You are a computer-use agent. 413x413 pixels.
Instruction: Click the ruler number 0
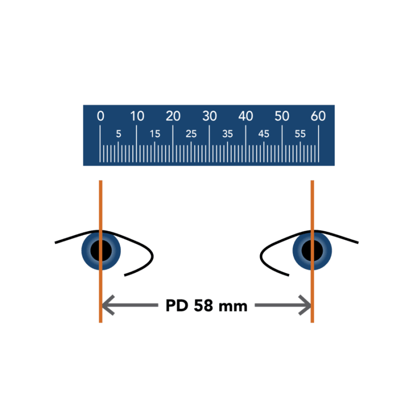click(x=101, y=116)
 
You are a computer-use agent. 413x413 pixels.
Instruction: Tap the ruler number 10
click(x=137, y=116)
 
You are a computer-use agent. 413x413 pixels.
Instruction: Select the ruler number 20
click(x=173, y=116)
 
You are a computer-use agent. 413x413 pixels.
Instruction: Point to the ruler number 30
click(x=210, y=116)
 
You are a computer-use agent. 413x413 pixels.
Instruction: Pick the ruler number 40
click(x=246, y=116)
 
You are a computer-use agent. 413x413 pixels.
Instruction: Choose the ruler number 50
click(x=282, y=116)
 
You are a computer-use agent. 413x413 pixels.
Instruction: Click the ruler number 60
click(x=319, y=116)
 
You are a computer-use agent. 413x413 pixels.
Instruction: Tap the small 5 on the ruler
click(x=119, y=134)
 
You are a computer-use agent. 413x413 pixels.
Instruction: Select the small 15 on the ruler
click(x=155, y=134)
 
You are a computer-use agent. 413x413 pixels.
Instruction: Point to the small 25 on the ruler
click(x=192, y=134)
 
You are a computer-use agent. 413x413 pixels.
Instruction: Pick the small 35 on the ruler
click(x=228, y=134)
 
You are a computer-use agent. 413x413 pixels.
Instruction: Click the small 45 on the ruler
click(x=264, y=134)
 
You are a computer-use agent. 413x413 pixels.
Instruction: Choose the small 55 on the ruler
click(x=300, y=134)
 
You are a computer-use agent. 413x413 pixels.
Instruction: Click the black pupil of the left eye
click(x=101, y=250)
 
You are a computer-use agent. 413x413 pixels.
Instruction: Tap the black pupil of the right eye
click(x=312, y=250)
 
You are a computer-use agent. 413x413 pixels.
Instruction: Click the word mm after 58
click(x=233, y=307)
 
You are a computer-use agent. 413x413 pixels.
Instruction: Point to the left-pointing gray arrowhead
click(x=108, y=306)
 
